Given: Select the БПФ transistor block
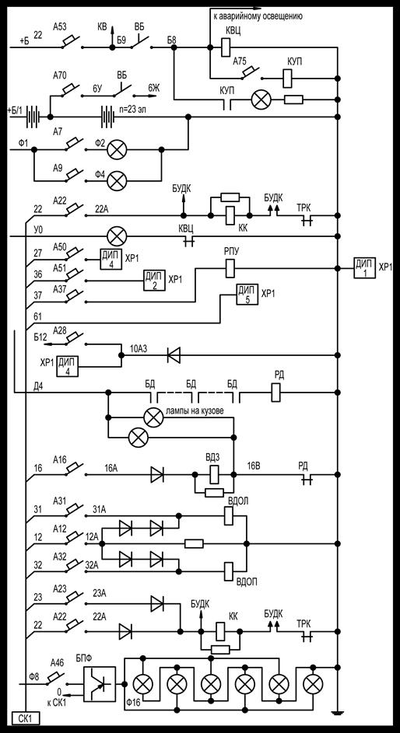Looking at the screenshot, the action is point(100,683).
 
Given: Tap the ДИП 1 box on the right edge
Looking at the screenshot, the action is point(364,268).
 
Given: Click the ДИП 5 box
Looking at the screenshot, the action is point(247,294).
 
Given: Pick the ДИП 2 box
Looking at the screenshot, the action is point(154,280).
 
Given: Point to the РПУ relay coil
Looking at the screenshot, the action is point(230,268).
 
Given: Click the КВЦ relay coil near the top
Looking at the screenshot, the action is point(225,47).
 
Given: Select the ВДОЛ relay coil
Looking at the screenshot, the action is point(230,515).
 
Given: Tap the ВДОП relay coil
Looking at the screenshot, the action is point(230,571).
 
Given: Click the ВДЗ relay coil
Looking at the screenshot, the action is point(215,474).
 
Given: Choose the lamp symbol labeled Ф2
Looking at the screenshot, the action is point(117,149).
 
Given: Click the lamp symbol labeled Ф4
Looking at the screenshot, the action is point(117,180).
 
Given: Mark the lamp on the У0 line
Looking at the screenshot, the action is point(117,236).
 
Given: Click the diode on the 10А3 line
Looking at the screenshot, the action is point(174,356).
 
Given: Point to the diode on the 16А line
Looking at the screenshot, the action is point(156,474).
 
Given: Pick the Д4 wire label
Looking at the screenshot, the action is point(39,386).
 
